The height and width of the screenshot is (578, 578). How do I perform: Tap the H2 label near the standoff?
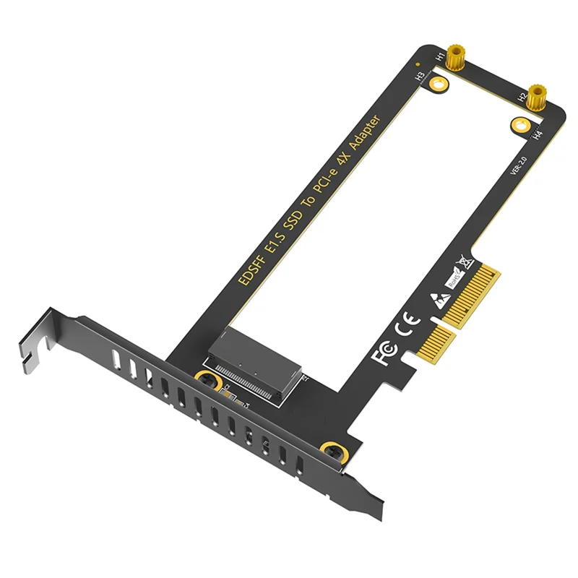point(521,96)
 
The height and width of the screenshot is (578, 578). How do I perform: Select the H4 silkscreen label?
point(538,134)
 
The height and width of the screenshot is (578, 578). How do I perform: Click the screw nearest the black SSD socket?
point(207,379)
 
